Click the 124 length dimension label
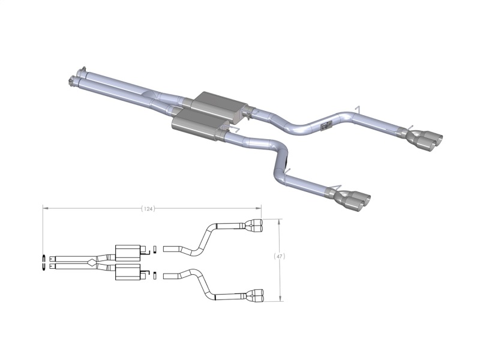(x=148, y=209)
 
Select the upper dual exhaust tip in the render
(x=427, y=137)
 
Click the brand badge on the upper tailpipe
(x=327, y=125)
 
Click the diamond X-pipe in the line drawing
(x=90, y=261)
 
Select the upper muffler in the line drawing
(x=127, y=251)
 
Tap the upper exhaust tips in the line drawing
(x=254, y=226)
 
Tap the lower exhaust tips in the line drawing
(x=254, y=296)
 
